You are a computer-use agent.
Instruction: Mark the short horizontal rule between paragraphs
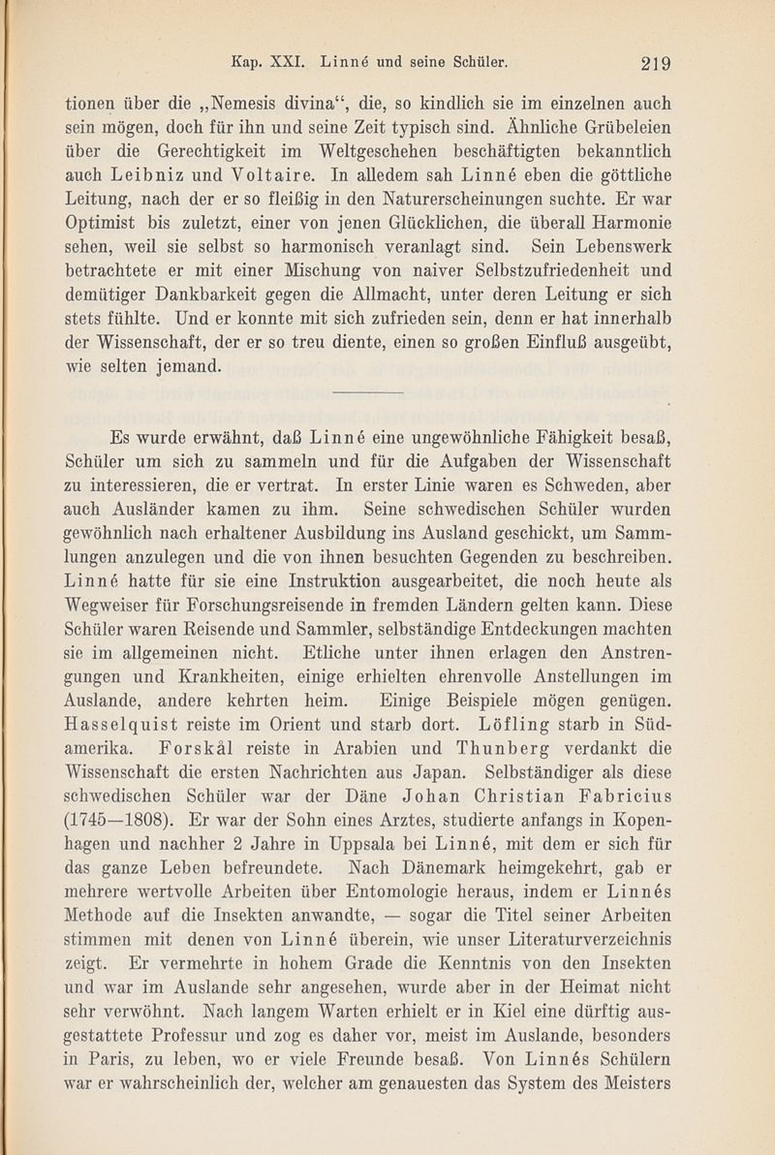click(367, 392)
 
